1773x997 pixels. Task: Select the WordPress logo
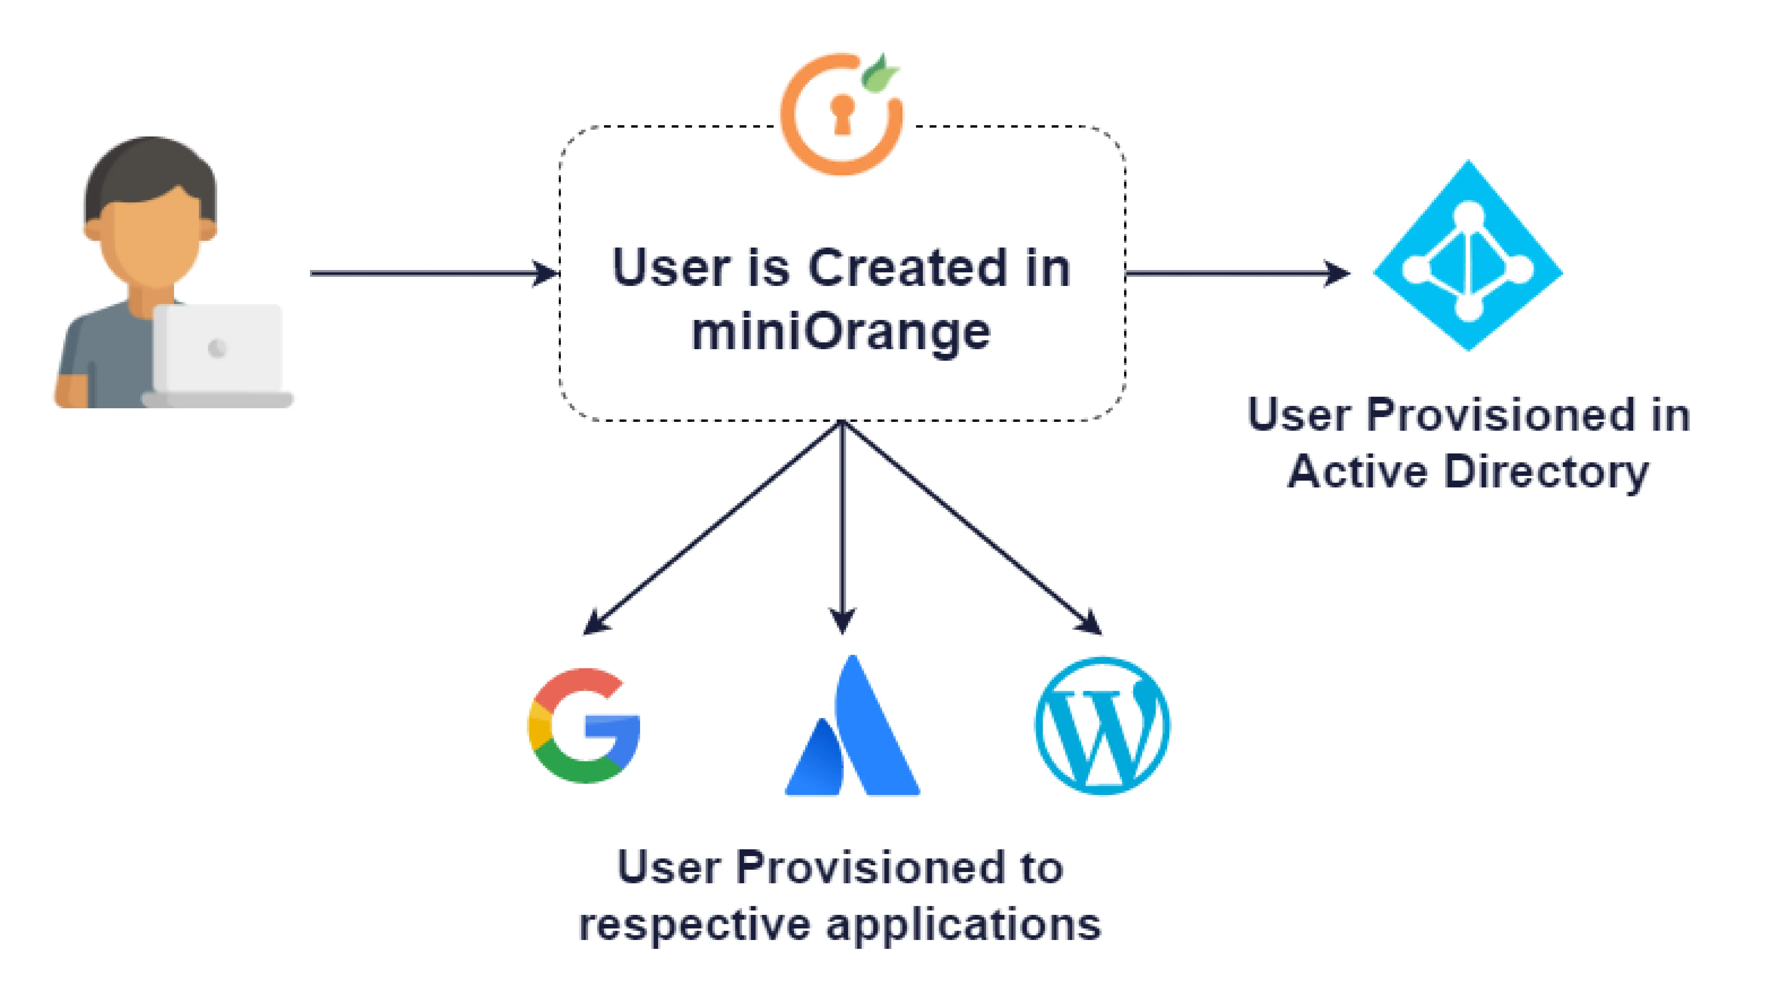click(x=1103, y=726)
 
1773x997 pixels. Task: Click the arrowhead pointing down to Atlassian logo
click(x=842, y=619)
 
